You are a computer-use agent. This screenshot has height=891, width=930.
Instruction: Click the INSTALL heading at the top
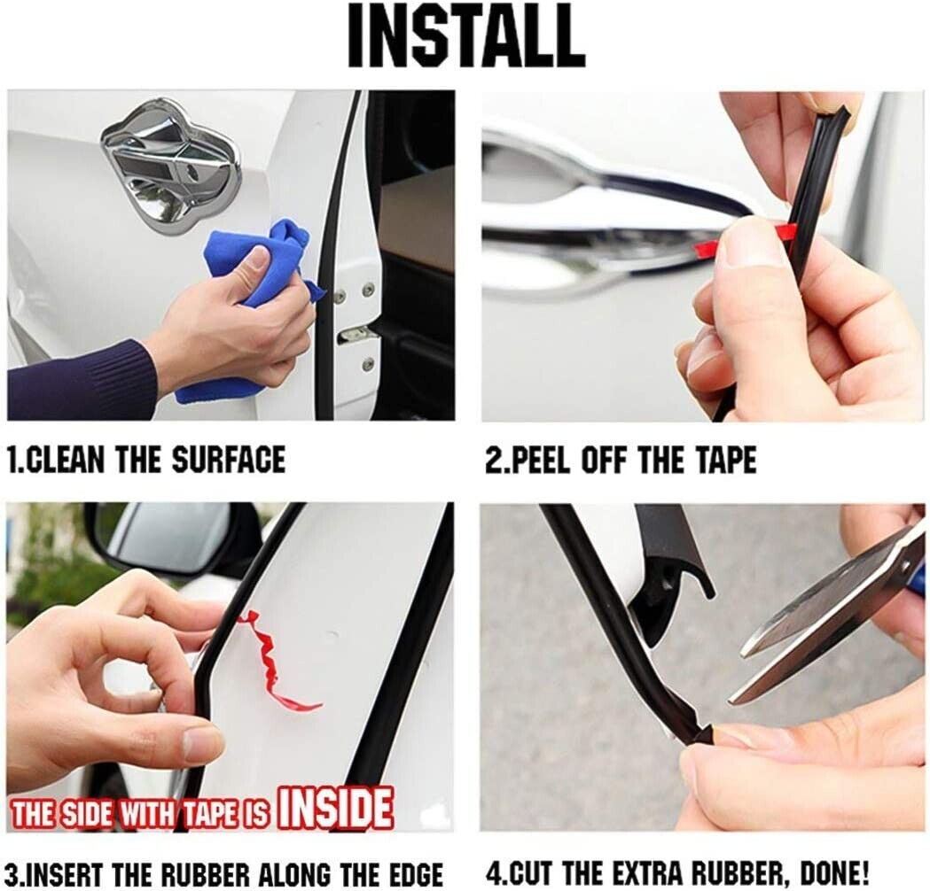coord(465,36)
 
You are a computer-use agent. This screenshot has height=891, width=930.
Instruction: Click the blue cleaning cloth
coord(268,308)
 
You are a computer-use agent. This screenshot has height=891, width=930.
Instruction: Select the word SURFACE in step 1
coord(229,461)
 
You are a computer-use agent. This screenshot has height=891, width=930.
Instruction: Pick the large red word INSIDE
coord(336,809)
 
